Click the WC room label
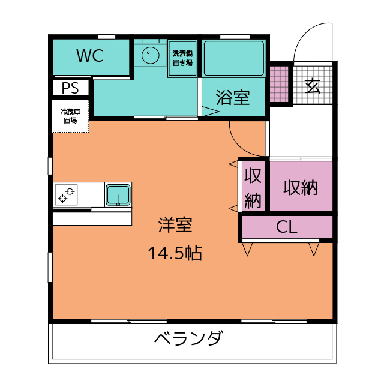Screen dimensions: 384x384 tap(90, 56)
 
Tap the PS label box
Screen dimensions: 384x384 tap(70, 88)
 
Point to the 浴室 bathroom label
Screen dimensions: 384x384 tap(233, 97)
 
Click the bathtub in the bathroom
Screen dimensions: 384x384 tap(233, 58)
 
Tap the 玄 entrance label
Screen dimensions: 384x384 tap(312, 86)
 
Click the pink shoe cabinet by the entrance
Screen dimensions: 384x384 tap(279, 83)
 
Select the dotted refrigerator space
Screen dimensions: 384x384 tap(70, 116)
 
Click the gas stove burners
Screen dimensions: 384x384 tap(67, 194)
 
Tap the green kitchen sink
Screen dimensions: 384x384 tap(118, 194)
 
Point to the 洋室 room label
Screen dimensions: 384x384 tap(175, 225)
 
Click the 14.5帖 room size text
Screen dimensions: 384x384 tap(175, 253)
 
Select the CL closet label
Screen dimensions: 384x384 tap(287, 227)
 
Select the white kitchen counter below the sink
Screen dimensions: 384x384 tap(92, 218)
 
